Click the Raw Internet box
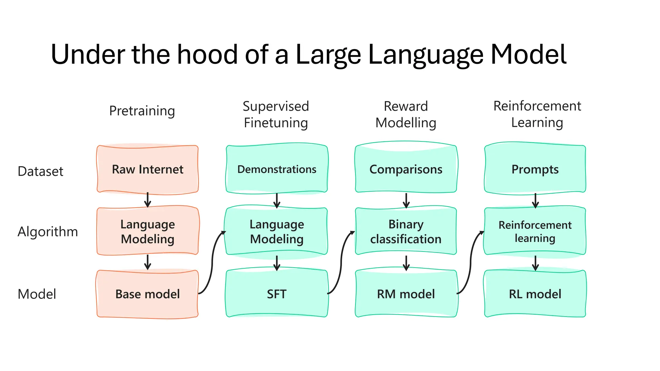click(148, 169)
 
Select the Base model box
click(148, 294)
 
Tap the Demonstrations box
click(277, 169)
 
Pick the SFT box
click(277, 294)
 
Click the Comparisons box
click(406, 169)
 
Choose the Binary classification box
click(406, 232)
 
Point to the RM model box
click(406, 294)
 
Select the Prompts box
click(535, 169)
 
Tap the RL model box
click(535, 294)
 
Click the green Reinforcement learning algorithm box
click(535, 232)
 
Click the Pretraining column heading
click(142, 111)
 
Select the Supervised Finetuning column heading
click(276, 115)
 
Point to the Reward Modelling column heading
click(406, 115)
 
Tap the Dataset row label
click(40, 171)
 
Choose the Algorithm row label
click(48, 232)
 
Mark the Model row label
click(37, 294)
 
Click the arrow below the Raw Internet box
click(148, 200)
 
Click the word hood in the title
click(208, 54)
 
